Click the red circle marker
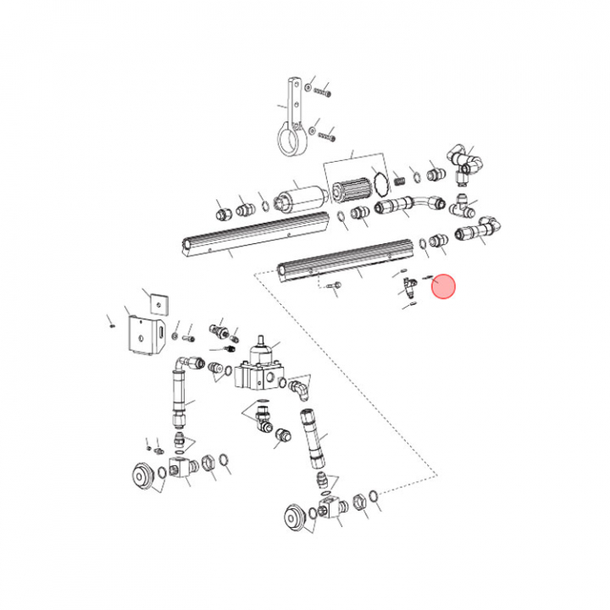coord(444,288)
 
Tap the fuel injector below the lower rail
coord(409,288)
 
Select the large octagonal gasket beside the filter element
coord(382,186)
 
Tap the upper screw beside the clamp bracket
coord(323,90)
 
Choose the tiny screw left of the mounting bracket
coord(110,322)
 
